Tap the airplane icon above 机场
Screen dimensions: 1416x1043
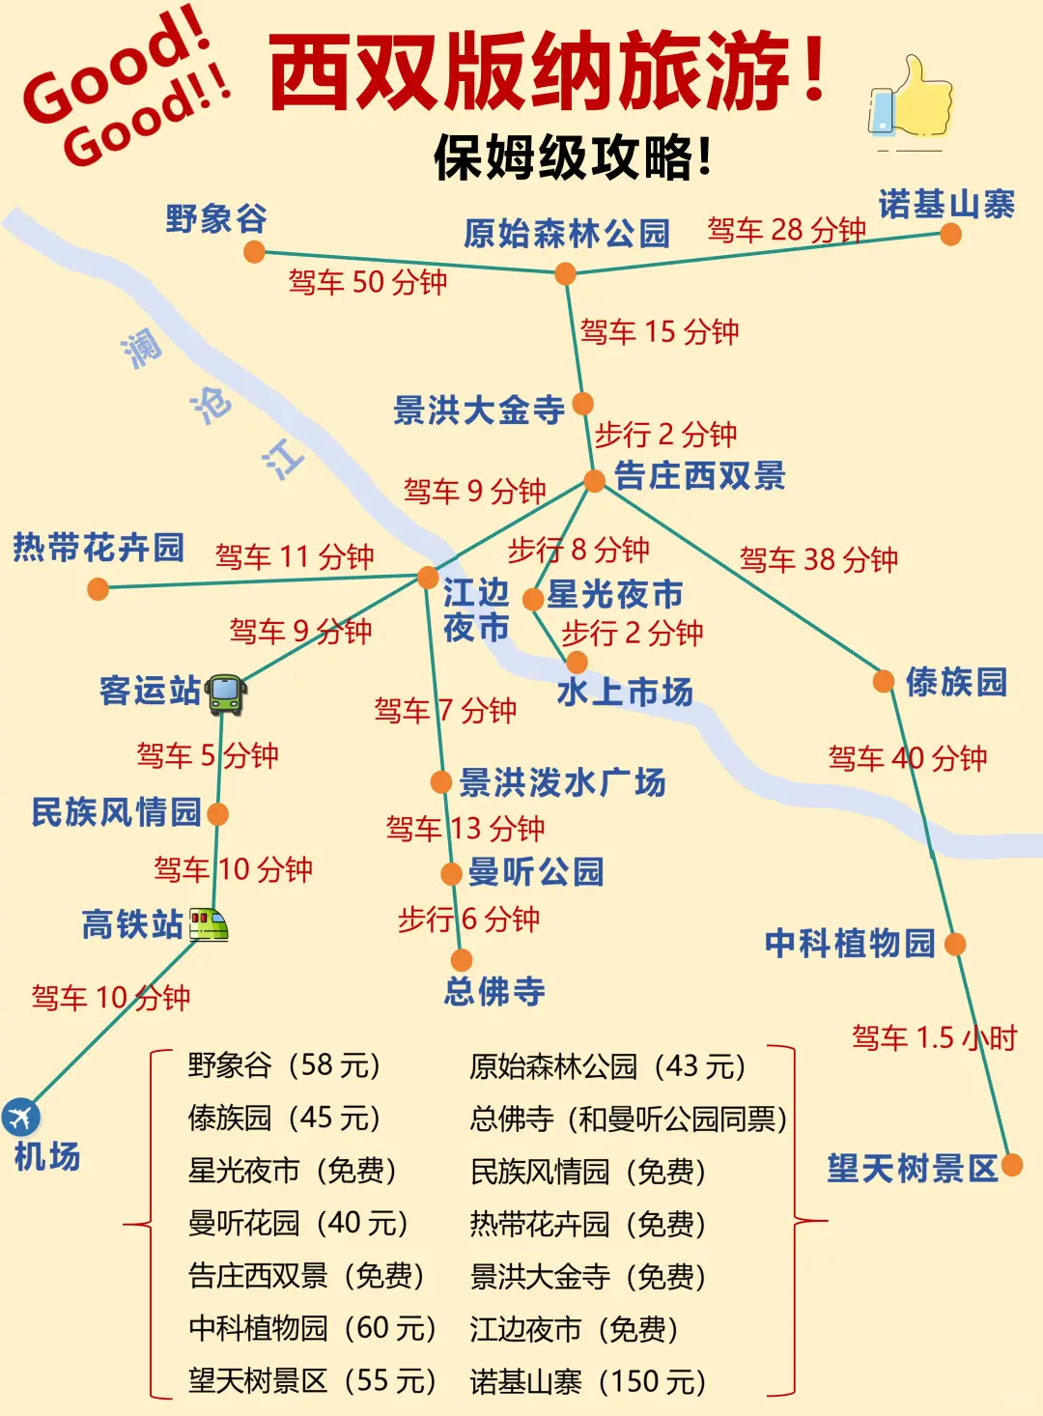20,1117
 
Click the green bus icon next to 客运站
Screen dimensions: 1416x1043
226,693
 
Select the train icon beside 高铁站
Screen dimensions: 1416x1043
209,924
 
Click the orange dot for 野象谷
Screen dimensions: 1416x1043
254,252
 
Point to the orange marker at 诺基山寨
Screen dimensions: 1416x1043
950,235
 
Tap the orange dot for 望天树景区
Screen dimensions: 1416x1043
1012,1165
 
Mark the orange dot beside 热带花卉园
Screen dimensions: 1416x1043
98,588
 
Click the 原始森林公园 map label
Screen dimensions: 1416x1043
567,234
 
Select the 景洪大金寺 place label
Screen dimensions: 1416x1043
479,411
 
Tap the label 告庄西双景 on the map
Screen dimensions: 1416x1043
700,475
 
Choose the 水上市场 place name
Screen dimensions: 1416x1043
625,692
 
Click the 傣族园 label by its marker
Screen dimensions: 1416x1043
956,682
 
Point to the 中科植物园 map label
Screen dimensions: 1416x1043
850,943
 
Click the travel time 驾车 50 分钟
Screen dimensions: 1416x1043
367,283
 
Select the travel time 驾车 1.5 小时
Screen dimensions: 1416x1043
934,1038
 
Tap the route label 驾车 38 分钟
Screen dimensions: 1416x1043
818,559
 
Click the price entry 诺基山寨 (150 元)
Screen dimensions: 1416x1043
588,1382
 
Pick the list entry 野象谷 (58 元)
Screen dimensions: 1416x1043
285,1065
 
